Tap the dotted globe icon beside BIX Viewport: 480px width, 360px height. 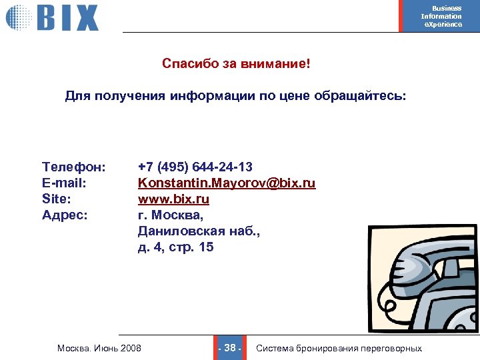(x=19, y=17)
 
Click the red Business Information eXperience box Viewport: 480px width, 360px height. (x=439, y=16)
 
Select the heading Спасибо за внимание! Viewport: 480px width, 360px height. (x=236, y=64)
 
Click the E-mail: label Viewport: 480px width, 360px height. (x=65, y=182)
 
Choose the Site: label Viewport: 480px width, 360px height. (x=56, y=199)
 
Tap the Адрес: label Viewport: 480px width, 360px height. (x=65, y=215)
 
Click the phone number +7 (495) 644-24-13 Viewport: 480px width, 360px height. (x=195, y=166)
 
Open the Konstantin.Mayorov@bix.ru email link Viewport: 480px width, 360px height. (x=227, y=182)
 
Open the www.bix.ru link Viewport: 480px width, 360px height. (x=173, y=199)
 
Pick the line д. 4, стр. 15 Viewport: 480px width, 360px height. (x=175, y=247)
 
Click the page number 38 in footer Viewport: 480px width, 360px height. (x=230, y=348)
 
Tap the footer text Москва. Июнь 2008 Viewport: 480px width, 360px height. (x=99, y=348)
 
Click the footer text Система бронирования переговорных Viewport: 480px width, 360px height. (x=339, y=348)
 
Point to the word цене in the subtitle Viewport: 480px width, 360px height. (x=295, y=96)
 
